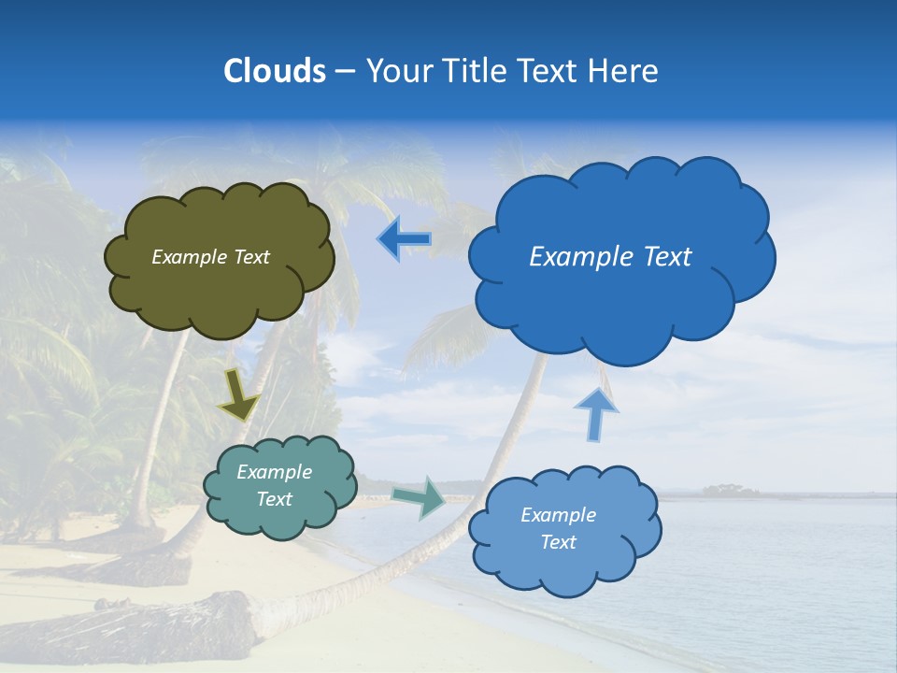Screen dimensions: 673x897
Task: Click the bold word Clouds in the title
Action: (x=275, y=71)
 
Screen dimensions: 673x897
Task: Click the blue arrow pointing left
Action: (x=404, y=239)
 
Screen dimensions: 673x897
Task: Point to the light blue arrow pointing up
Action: (x=596, y=414)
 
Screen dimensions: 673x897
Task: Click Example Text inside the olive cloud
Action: (x=210, y=257)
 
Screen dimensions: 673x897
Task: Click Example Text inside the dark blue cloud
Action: (x=610, y=257)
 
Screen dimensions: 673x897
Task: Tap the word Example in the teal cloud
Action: (x=274, y=472)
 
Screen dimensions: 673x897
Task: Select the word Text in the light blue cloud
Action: (x=558, y=542)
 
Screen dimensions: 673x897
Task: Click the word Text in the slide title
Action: (x=549, y=71)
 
